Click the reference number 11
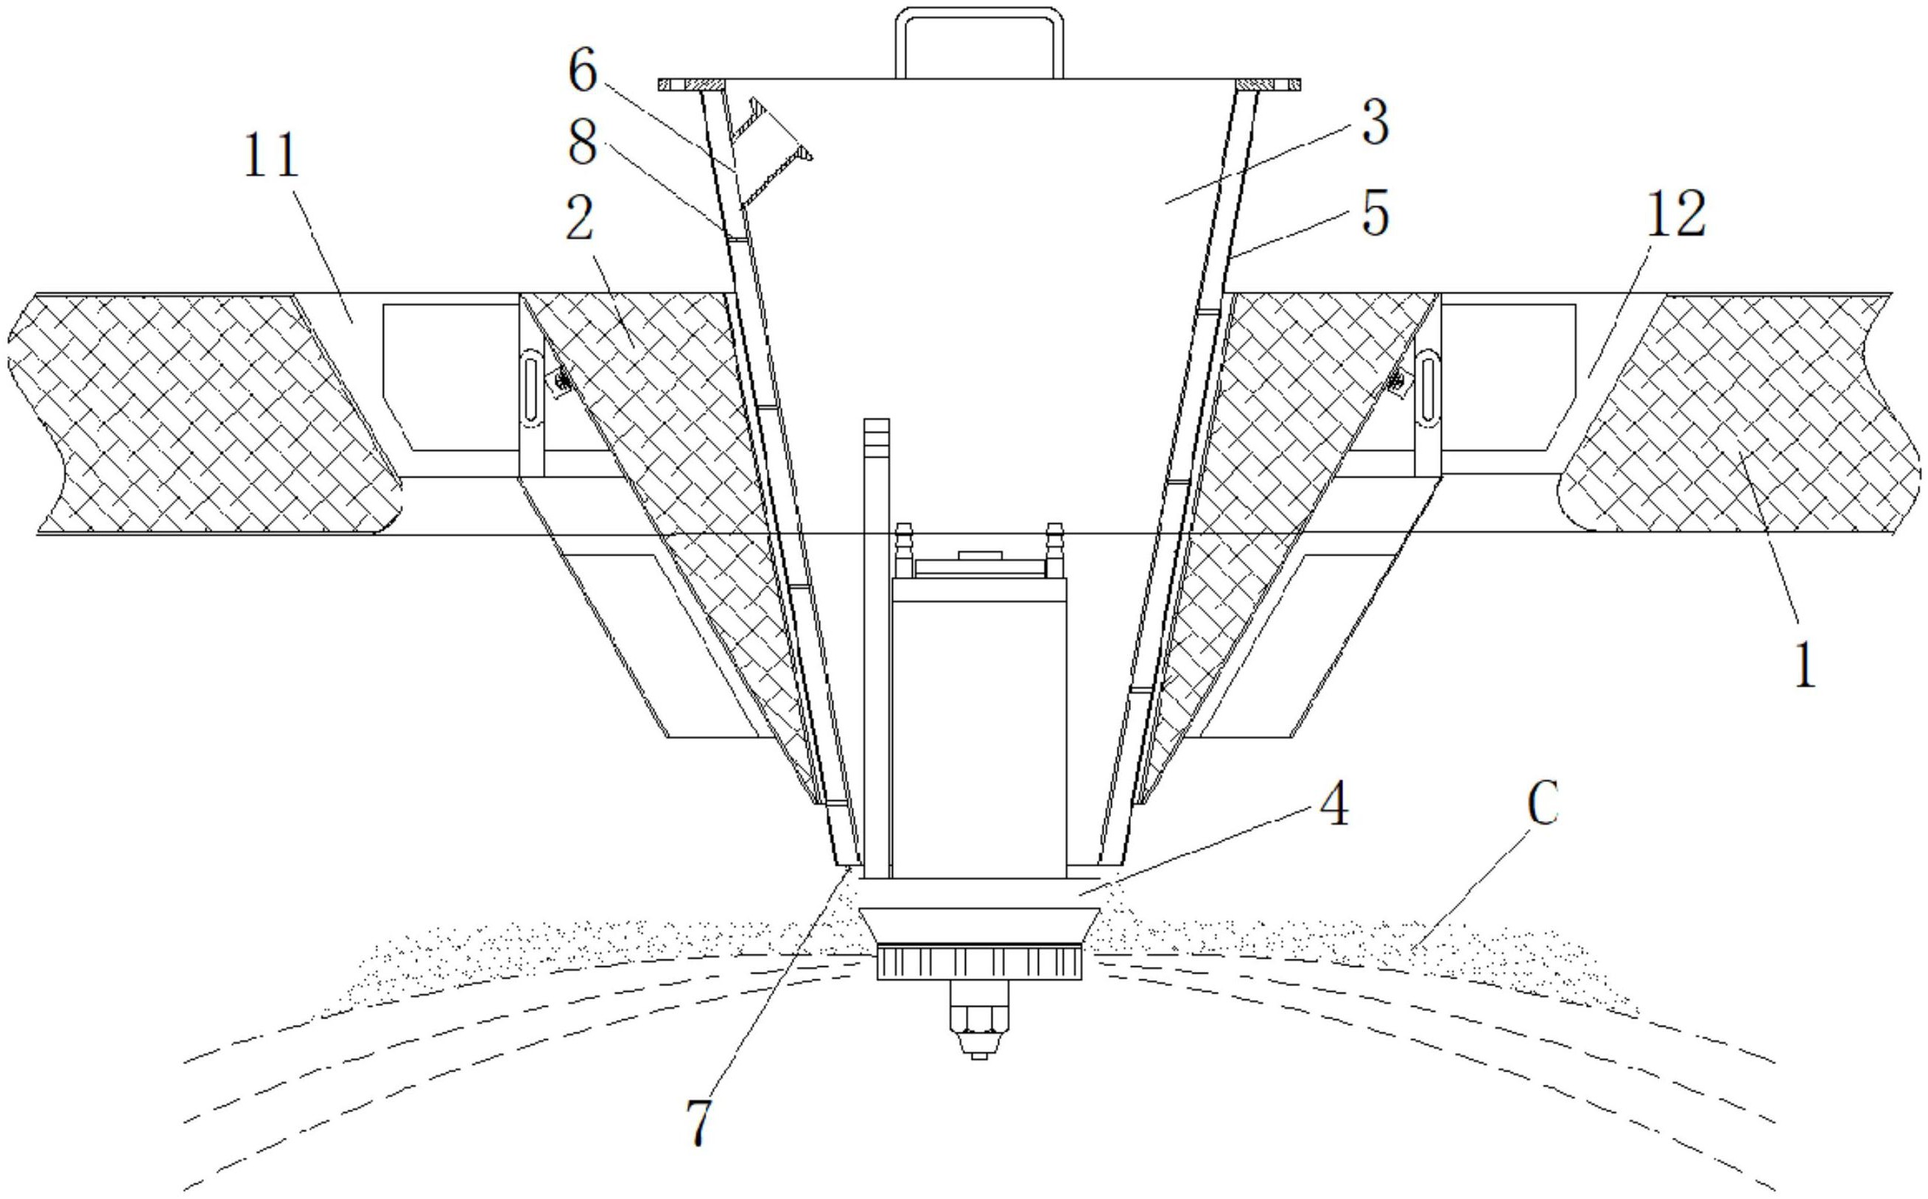(x=271, y=157)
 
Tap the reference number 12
(x=1675, y=214)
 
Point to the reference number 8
(x=583, y=144)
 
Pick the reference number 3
(x=1375, y=123)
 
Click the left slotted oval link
(x=530, y=389)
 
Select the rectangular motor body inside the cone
(x=979, y=730)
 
